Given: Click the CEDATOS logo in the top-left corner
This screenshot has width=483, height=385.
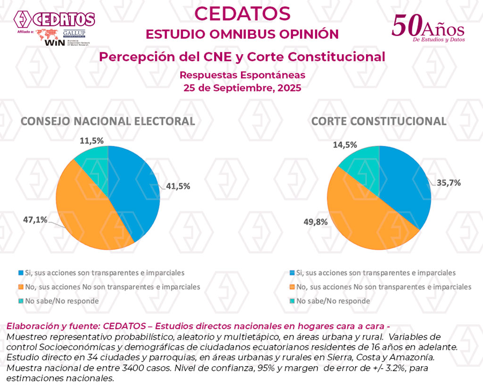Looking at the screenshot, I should point(54,19).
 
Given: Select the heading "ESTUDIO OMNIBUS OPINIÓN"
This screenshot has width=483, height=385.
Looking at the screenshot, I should point(242,34).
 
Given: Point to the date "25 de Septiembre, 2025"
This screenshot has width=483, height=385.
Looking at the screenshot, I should point(242,88).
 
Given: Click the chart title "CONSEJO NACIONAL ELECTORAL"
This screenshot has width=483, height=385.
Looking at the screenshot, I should point(108,121).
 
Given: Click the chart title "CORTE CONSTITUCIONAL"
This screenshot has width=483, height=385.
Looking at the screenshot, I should point(379,121).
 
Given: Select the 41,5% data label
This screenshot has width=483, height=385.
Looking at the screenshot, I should point(178,186).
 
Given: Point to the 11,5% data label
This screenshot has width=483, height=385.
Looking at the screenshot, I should point(92,141).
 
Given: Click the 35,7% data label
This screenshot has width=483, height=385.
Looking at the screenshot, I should point(449,183).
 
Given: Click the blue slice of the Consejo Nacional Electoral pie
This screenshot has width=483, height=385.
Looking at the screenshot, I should point(137,193).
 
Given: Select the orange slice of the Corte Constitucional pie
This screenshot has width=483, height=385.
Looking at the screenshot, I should point(363,222).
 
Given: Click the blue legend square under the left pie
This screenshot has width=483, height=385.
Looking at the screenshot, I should point(20,273).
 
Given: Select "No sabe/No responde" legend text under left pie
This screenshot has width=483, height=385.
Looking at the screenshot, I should point(62,301).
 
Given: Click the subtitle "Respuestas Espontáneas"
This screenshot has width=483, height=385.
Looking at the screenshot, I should point(242,75).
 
